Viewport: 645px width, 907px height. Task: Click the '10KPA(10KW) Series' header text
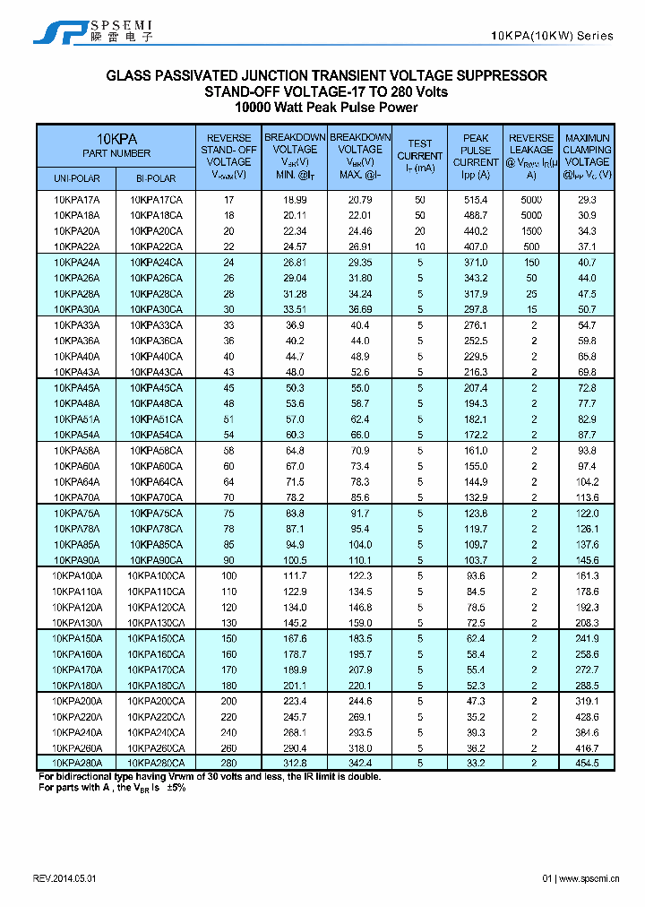[x=553, y=36]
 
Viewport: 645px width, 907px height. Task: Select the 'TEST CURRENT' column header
[x=419, y=155]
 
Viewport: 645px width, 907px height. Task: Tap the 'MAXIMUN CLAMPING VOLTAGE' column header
[x=588, y=156]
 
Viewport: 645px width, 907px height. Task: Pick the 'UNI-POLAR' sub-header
[x=76, y=178]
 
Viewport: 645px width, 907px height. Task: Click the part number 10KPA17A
[x=76, y=200]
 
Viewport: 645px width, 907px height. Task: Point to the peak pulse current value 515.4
[x=476, y=200]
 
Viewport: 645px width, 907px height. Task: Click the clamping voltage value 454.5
[x=588, y=763]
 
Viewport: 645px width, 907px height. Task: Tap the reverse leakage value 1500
[x=532, y=231]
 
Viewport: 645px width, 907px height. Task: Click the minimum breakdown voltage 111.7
[x=295, y=575]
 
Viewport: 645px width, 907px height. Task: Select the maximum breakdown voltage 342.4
[x=360, y=763]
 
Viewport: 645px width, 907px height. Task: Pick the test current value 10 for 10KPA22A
[x=419, y=246]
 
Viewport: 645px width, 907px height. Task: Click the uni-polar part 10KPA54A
[x=76, y=435]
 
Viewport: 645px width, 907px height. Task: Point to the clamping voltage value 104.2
[x=588, y=481]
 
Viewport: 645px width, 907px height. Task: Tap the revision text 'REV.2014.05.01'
[x=64, y=879]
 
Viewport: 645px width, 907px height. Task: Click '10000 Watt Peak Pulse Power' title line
[x=326, y=108]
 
